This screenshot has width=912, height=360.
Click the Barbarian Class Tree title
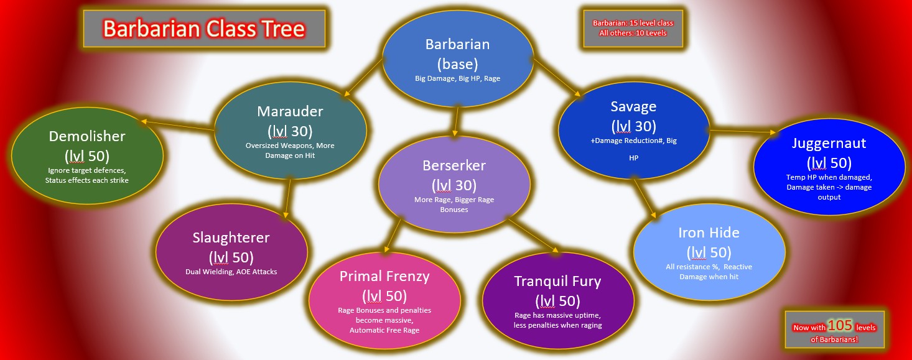[x=204, y=29]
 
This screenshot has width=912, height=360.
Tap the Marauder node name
[x=290, y=111]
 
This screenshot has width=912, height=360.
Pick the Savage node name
[x=633, y=106]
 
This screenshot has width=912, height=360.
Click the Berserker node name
[x=454, y=165]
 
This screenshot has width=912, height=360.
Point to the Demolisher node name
[x=86, y=136]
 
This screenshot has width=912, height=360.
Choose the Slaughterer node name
[x=231, y=238]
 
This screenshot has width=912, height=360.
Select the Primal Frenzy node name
[x=384, y=276]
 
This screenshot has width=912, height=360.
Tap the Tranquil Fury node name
[x=557, y=281]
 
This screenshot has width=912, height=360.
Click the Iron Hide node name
[x=709, y=233]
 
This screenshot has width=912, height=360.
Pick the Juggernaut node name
[x=829, y=143]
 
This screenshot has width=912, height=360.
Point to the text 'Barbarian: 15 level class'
[x=633, y=23]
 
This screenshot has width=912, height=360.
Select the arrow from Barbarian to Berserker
[x=457, y=122]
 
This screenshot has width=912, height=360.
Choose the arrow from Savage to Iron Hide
[x=644, y=196]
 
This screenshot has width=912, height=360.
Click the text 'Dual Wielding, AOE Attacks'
[x=231, y=272]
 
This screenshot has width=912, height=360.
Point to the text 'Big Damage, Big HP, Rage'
[x=457, y=78]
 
